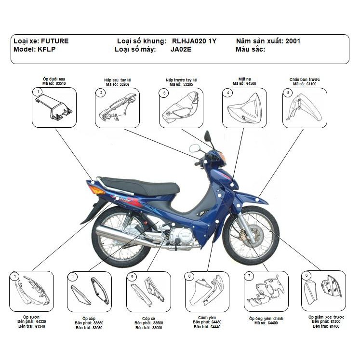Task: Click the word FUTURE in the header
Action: tap(54, 41)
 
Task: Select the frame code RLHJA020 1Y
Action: tap(194, 41)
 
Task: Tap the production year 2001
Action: tap(293, 41)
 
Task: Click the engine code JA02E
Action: tap(181, 50)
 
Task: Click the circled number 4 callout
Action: tap(228, 92)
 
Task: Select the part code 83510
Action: tap(60, 83)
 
